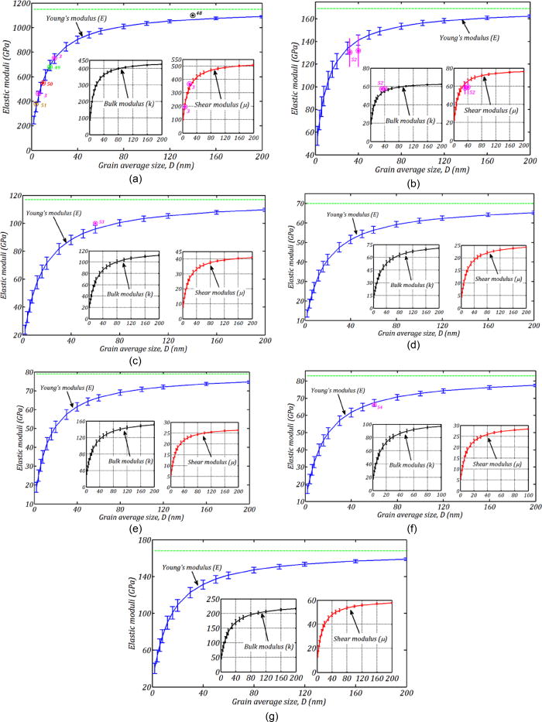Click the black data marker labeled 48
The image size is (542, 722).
(193, 15)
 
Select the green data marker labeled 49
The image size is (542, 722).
(49, 67)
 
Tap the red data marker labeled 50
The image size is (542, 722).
(43, 83)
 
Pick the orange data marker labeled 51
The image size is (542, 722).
(35, 104)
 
